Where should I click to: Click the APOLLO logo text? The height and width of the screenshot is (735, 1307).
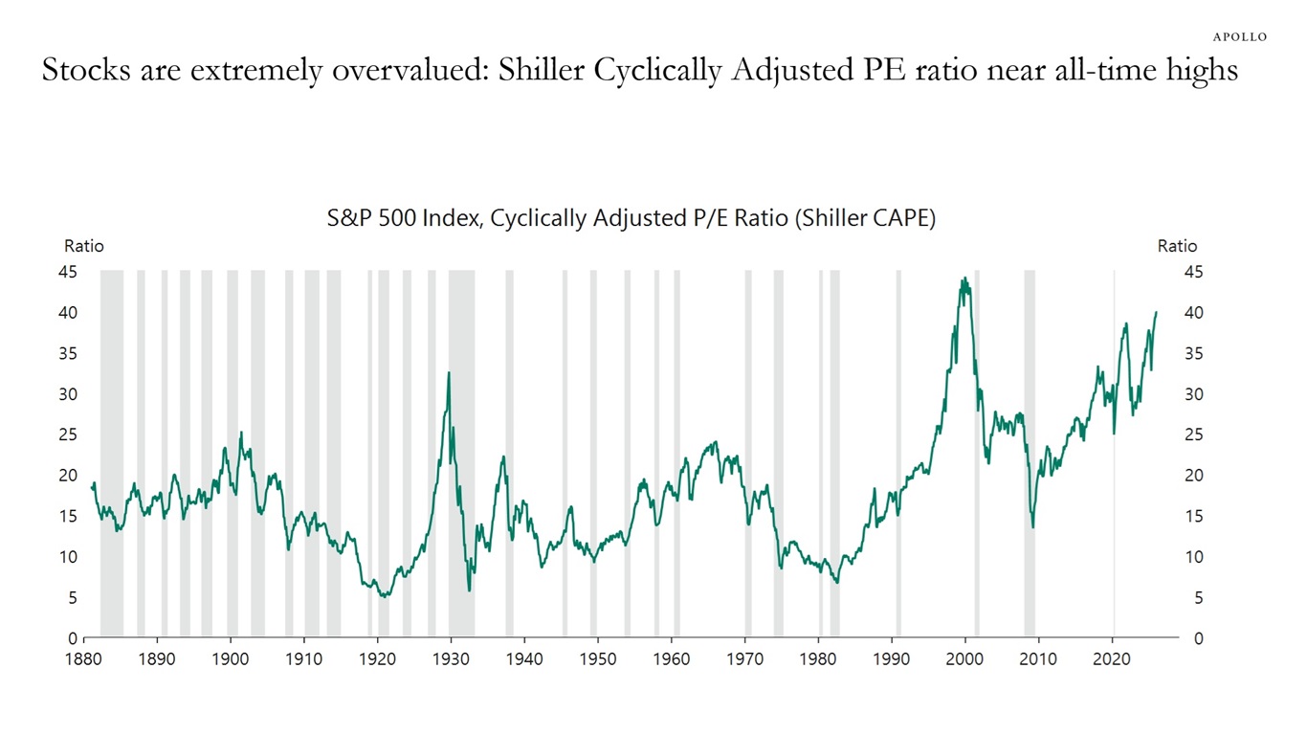pyautogui.click(x=1240, y=36)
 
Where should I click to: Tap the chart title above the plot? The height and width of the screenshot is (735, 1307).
pyautogui.click(x=631, y=218)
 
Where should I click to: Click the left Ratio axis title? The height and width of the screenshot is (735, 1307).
pyautogui.click(x=83, y=246)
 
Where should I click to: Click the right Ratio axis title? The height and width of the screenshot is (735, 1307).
pyautogui.click(x=1177, y=246)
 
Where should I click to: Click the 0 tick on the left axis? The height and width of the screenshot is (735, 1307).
pyautogui.click(x=73, y=638)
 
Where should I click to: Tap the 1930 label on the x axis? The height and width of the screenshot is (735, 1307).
pyautogui.click(x=451, y=659)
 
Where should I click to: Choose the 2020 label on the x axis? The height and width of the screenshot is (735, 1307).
pyautogui.click(x=1112, y=659)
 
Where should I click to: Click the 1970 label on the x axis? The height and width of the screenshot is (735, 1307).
pyautogui.click(x=745, y=659)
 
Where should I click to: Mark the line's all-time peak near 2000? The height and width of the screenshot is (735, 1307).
pyautogui.click(x=964, y=278)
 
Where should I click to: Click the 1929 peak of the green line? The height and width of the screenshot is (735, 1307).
pyautogui.click(x=448, y=373)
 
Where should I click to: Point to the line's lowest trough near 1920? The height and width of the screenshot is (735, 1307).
pyautogui.click(x=384, y=596)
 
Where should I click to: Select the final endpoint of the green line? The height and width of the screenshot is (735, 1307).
pyautogui.click(x=1156, y=312)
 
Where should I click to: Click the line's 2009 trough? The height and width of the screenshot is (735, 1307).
pyautogui.click(x=1032, y=526)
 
